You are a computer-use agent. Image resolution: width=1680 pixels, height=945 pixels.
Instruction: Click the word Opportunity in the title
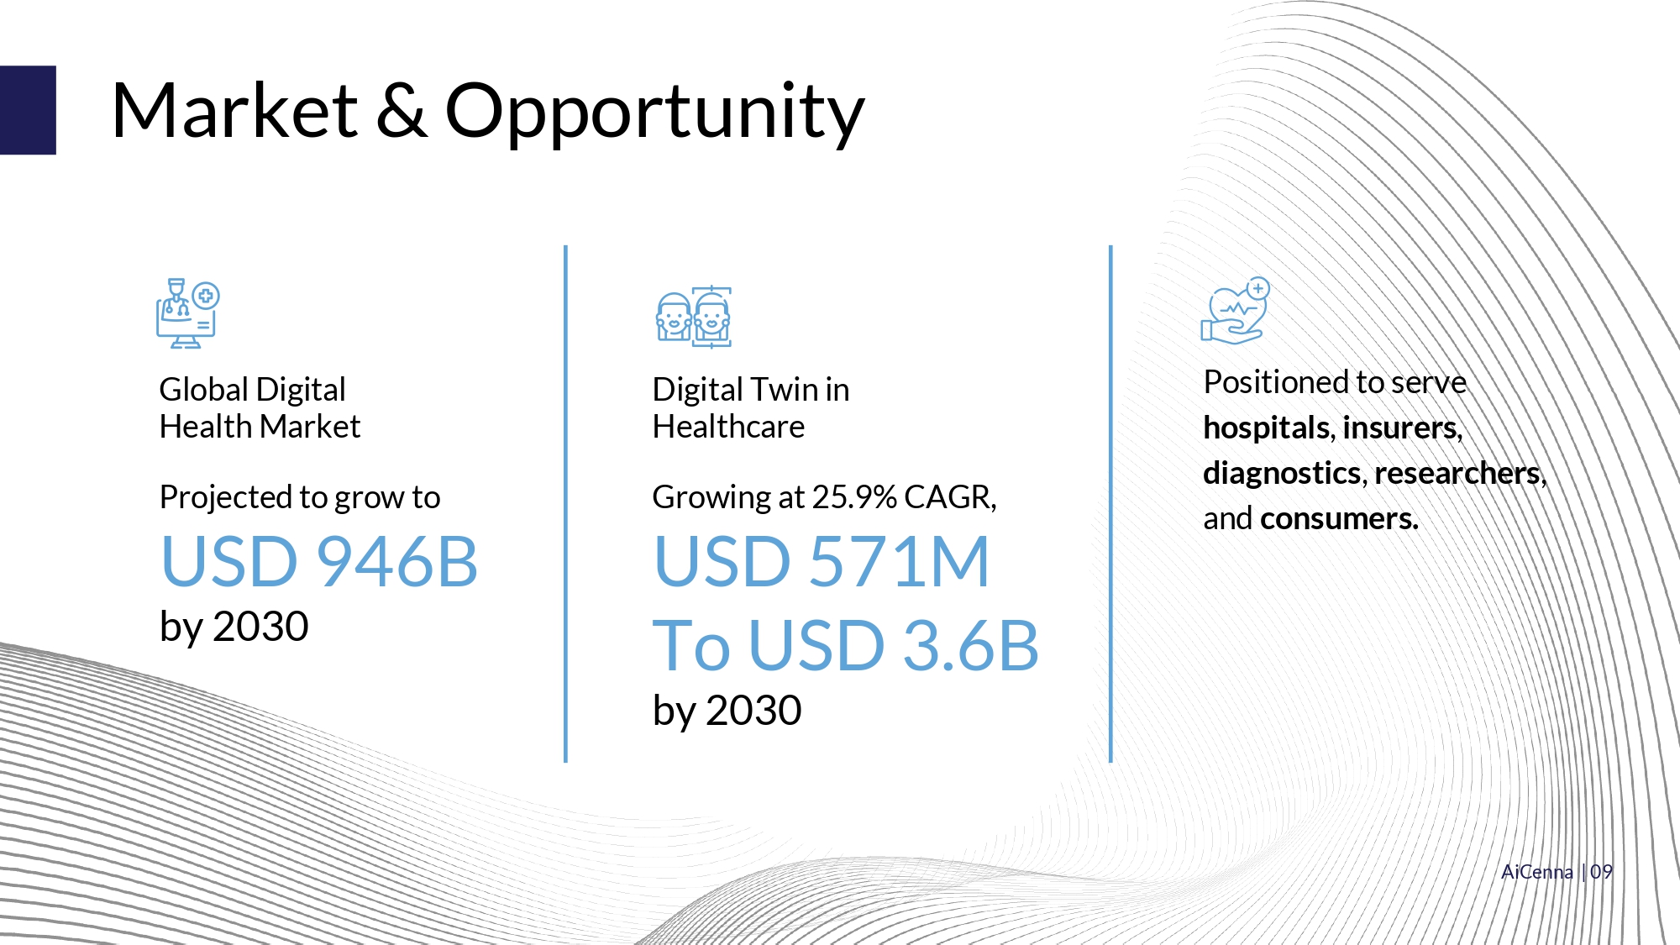click(x=654, y=113)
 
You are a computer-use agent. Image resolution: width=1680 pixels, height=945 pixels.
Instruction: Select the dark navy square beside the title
click(x=28, y=110)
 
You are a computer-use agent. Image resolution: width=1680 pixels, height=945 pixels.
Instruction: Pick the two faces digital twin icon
click(x=694, y=317)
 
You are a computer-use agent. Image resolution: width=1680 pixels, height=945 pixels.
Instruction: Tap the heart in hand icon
click(x=1235, y=311)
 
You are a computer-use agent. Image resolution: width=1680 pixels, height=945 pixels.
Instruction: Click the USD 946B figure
click(x=319, y=561)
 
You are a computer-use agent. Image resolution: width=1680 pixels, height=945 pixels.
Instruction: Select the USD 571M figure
click(x=822, y=561)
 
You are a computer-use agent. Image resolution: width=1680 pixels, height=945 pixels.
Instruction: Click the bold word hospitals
click(x=1267, y=428)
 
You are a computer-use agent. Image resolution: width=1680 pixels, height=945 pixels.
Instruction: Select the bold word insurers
click(x=1403, y=428)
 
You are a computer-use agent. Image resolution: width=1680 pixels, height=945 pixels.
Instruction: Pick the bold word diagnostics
click(x=1283, y=474)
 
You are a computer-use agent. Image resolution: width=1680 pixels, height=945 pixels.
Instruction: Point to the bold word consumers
click(x=1339, y=519)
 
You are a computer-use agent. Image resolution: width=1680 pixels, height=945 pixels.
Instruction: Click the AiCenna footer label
click(x=1537, y=872)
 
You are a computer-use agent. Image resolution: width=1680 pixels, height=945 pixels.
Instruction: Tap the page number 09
click(x=1601, y=872)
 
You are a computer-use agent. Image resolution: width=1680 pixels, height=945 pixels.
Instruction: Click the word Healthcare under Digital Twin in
click(x=728, y=427)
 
